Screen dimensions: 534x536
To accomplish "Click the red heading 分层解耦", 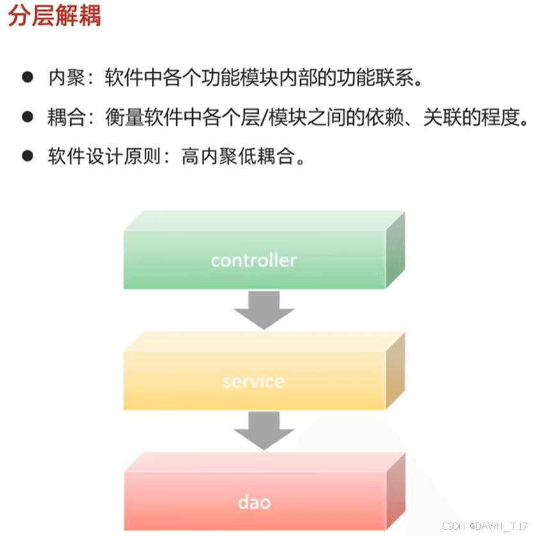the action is (54, 16).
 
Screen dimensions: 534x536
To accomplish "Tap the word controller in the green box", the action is (254, 261).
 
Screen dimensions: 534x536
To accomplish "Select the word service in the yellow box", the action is (254, 381).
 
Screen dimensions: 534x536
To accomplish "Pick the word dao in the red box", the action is (254, 502).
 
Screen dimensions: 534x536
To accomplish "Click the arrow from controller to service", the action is (264, 310).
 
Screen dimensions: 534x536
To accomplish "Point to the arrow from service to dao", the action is (264, 431).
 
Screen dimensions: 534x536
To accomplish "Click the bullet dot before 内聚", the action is (27, 77).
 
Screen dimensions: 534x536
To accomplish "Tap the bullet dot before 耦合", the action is (27, 117).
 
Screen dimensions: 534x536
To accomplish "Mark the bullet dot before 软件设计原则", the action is (27, 157).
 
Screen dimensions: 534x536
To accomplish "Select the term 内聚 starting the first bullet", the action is (66, 77).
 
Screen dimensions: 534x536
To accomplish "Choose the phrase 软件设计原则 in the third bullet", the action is (105, 157).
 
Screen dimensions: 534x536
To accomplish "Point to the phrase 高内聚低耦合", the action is (238, 157).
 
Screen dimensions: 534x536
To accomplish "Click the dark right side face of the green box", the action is (395, 250).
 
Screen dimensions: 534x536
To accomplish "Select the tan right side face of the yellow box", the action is (395, 371).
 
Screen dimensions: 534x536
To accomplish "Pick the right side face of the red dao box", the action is (395, 492).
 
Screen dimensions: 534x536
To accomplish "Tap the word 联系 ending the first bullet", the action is (395, 77).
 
